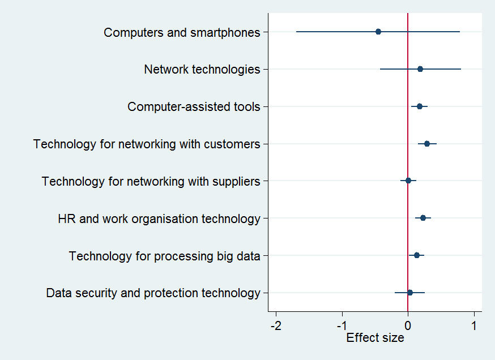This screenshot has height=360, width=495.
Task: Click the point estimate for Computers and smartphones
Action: tap(378, 32)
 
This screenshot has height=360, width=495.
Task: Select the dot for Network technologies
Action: tap(420, 69)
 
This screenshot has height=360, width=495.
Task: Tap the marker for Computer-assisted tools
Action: tap(420, 106)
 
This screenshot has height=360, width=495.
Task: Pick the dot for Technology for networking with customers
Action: tap(427, 144)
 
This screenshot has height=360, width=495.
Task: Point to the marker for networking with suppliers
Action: tap(408, 181)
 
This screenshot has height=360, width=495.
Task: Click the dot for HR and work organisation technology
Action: tap(423, 218)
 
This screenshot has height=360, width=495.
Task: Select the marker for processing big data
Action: tap(417, 255)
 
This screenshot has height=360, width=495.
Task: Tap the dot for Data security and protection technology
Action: tap(410, 293)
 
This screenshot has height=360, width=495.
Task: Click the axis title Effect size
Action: tap(375, 338)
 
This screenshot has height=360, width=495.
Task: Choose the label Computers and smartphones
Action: tap(182, 33)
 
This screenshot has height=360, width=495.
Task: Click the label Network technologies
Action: tap(202, 70)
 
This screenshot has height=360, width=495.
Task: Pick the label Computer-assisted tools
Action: tap(194, 107)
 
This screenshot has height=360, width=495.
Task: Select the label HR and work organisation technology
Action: tap(159, 218)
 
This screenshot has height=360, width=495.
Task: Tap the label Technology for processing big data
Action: tap(165, 256)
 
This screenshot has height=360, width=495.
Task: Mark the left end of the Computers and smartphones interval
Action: tap(296, 32)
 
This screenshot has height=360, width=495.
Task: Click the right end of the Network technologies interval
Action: tap(461, 69)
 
